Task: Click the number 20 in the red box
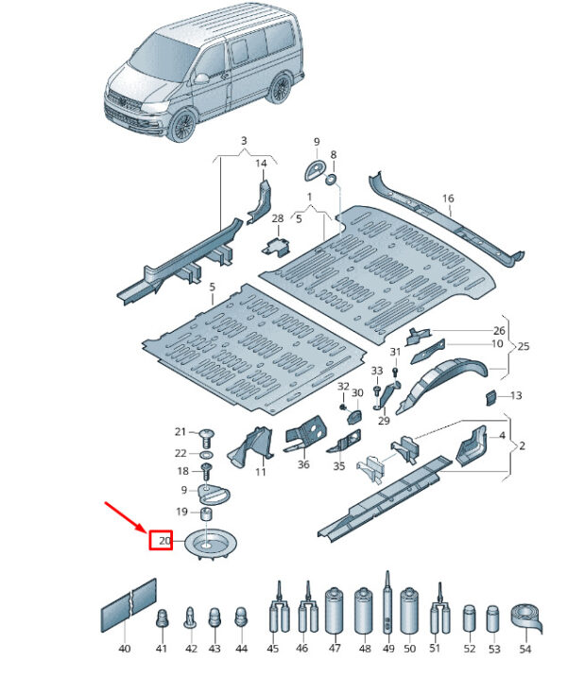point(163,542)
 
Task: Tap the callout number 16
point(448,199)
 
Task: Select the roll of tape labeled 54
point(526,620)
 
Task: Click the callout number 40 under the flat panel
point(125,649)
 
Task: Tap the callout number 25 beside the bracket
point(524,347)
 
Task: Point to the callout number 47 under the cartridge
point(335,649)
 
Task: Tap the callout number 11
point(261,471)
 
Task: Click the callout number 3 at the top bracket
point(243,142)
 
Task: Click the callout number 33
point(376,371)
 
